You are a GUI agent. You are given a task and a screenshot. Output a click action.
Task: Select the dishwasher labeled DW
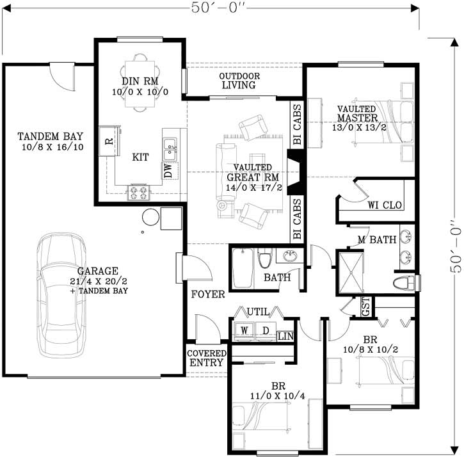(x=168, y=171)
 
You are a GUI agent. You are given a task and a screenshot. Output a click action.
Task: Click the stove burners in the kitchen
(x=139, y=192)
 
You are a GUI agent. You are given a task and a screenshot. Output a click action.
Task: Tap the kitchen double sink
(x=170, y=152)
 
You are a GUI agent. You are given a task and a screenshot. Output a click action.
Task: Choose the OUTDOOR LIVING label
(x=238, y=80)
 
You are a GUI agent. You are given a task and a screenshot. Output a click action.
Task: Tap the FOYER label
(x=207, y=294)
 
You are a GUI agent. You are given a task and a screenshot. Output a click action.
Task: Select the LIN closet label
(x=285, y=335)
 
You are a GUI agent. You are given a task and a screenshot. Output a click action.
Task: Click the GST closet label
(x=365, y=308)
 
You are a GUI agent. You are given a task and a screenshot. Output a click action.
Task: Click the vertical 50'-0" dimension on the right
(x=454, y=247)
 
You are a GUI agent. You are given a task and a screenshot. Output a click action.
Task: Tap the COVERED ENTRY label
(x=206, y=358)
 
